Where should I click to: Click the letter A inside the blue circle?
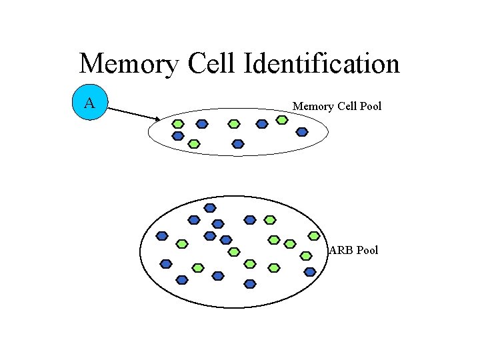(x=89, y=103)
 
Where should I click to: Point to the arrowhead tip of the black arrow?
(x=159, y=120)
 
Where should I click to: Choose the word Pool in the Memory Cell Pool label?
(x=369, y=106)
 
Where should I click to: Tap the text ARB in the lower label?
(x=341, y=250)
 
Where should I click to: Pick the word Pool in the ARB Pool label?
(x=367, y=250)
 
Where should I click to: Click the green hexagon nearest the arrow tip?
(x=178, y=123)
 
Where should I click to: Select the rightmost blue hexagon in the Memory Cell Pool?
(x=302, y=131)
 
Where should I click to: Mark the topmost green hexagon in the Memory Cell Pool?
(x=282, y=120)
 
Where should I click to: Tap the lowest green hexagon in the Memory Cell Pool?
(x=193, y=143)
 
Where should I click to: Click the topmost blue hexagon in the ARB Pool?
(x=210, y=208)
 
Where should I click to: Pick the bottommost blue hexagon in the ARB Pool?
(x=250, y=283)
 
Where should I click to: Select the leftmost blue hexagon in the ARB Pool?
(x=161, y=235)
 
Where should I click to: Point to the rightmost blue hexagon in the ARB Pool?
(x=309, y=271)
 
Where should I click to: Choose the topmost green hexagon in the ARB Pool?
(x=269, y=219)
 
